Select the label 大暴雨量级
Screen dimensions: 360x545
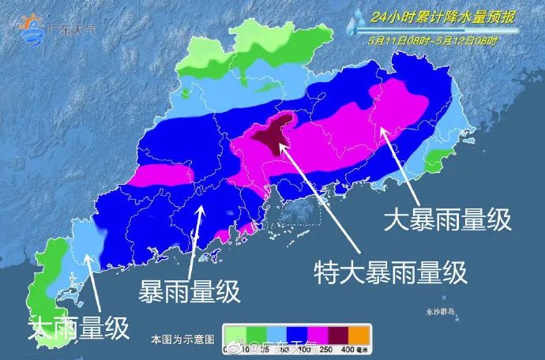(x=447, y=219)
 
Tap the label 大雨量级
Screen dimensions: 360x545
(x=79, y=328)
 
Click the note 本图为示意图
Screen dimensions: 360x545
(x=182, y=339)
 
